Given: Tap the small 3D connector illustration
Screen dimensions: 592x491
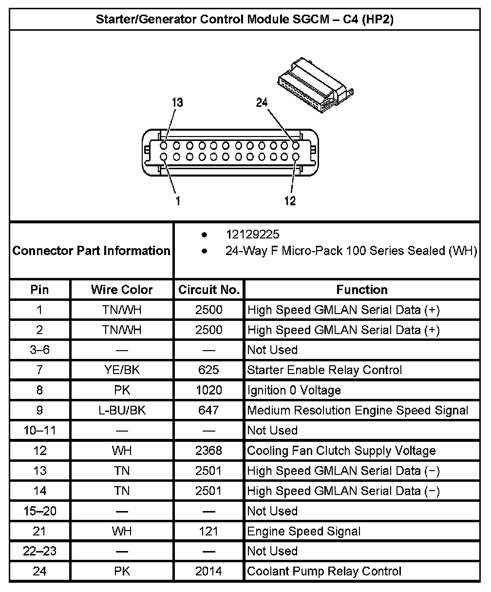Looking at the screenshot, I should pyautogui.click(x=314, y=82).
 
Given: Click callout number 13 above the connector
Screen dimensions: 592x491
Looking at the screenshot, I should pyautogui.click(x=177, y=102).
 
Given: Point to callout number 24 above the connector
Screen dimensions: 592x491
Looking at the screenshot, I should pyautogui.click(x=262, y=102).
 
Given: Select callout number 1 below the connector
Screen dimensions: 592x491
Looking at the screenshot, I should pyautogui.click(x=178, y=201).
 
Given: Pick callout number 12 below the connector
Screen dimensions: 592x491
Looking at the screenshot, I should pyautogui.click(x=290, y=201).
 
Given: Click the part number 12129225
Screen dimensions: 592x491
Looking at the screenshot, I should pyautogui.click(x=252, y=235).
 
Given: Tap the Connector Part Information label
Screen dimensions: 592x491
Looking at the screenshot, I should pyautogui.click(x=92, y=251).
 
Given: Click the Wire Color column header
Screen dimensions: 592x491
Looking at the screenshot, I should pyautogui.click(x=122, y=290).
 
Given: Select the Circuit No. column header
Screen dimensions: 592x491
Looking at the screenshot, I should pyautogui.click(x=209, y=290).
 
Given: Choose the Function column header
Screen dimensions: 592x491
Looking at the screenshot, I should pyautogui.click(x=362, y=290).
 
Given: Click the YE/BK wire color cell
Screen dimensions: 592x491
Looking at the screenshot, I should pyautogui.click(x=122, y=370).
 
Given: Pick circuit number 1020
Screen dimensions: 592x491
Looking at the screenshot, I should pyautogui.click(x=209, y=390).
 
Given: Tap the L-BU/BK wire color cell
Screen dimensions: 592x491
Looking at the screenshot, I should pyautogui.click(x=122, y=411).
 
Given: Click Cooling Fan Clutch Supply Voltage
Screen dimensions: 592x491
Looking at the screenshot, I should pyautogui.click(x=341, y=451).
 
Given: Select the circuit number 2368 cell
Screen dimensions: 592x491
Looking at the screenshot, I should pyautogui.click(x=209, y=451).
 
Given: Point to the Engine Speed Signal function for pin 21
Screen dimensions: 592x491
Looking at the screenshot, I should pyautogui.click(x=304, y=531).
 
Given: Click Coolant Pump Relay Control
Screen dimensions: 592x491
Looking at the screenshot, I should pyautogui.click(x=324, y=572).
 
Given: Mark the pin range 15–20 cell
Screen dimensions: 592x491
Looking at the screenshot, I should pyautogui.click(x=40, y=511).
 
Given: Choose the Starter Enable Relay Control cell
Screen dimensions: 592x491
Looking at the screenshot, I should pyautogui.click(x=325, y=370).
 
